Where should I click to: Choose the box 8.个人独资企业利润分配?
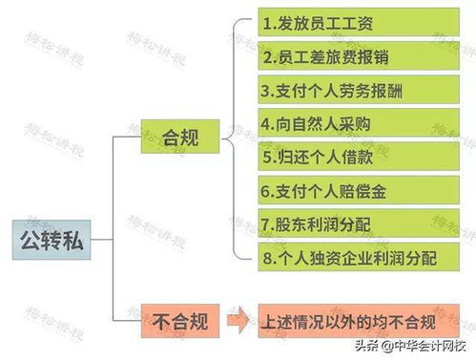(x=338, y=256)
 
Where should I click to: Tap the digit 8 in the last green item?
(x=270, y=256)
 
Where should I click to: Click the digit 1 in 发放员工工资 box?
(x=268, y=22)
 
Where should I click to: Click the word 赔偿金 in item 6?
(x=367, y=189)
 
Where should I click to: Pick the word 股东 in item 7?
(x=292, y=223)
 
